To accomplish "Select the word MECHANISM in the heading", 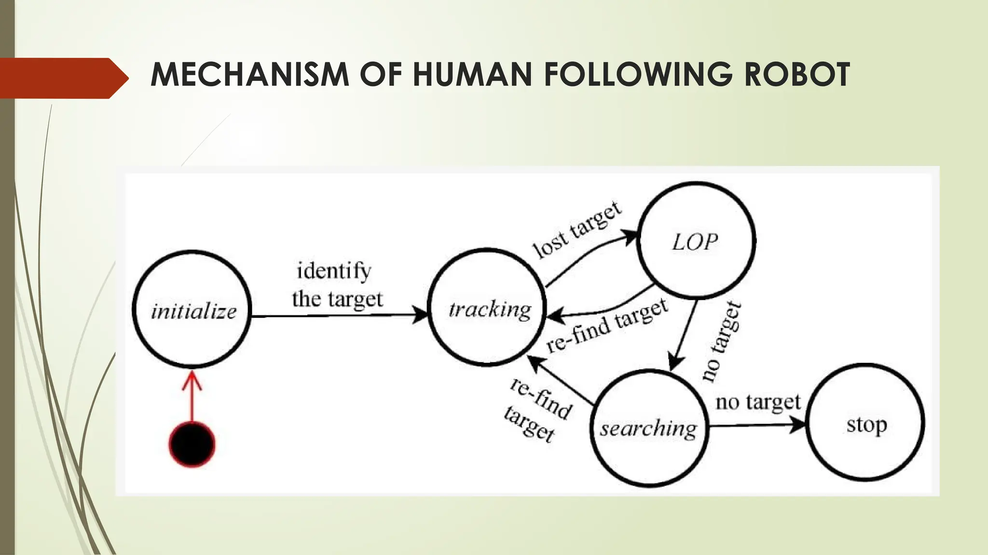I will [x=249, y=75].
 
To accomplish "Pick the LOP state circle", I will [x=696, y=241].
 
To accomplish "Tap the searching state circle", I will [x=649, y=428].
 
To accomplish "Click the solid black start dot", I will [x=192, y=444].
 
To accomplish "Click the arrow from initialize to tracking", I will [x=338, y=316].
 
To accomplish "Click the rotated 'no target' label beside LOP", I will [x=721, y=341].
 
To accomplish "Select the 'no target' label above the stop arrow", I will [x=757, y=402].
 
